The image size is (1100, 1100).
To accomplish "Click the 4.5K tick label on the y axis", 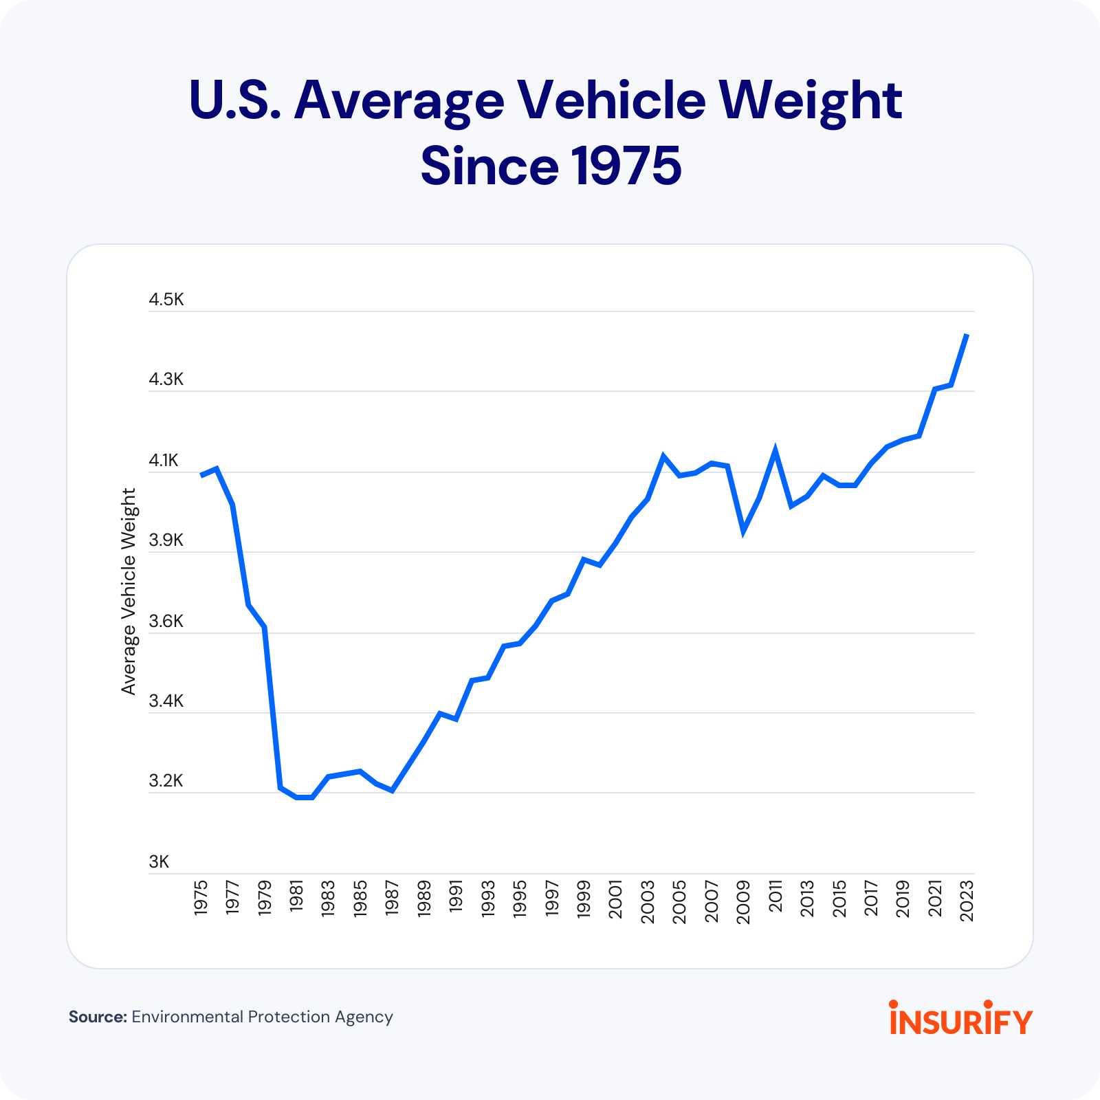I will pos(166,300).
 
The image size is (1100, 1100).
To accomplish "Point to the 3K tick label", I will pos(159,862).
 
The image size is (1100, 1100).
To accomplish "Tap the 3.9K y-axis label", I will pos(166,540).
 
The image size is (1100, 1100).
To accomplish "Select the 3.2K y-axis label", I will pos(166,781).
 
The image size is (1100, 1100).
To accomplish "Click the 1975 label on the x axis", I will pos(201,897).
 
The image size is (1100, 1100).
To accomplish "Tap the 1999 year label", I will pos(584,898).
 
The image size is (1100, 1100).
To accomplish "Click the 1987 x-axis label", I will pos(392,897).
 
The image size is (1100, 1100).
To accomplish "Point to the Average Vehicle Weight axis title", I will pos(129,591).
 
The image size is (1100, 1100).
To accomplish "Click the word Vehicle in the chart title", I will pos(611,101).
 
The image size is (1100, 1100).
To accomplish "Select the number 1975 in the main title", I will pos(626,166).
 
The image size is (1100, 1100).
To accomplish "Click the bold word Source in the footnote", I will pos(98,1017).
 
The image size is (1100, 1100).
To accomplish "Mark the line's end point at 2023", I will pos(967,335).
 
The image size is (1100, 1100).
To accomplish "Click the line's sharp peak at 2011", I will pos(775,451).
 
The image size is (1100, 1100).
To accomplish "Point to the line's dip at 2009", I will pos(743,531).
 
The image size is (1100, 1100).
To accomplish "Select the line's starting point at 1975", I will pos(201,475).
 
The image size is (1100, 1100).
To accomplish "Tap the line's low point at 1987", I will pos(392,791).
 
